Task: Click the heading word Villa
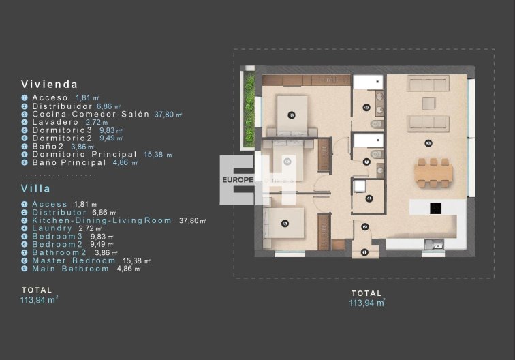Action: pyautogui.click(x=37, y=187)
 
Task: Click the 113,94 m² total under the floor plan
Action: pyautogui.click(x=366, y=303)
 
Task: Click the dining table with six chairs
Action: pyautogui.click(x=433, y=172)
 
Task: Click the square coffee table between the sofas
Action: pyautogui.click(x=428, y=103)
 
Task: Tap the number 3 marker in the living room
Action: pyautogui.click(x=428, y=142)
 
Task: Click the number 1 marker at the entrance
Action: pyautogui.click(x=365, y=252)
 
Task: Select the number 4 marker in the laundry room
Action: pyautogui.click(x=369, y=198)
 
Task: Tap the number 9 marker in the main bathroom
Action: pyautogui.click(x=366, y=107)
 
